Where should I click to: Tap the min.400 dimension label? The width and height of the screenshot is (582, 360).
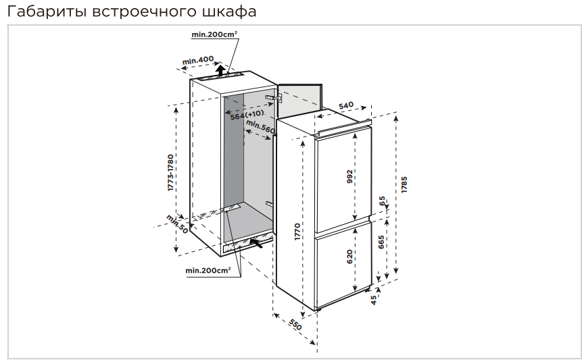pyautogui.click(x=198, y=61)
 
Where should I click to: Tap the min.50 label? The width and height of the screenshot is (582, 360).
pyautogui.click(x=178, y=224)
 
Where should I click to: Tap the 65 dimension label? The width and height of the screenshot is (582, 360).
pyautogui.click(x=383, y=201)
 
